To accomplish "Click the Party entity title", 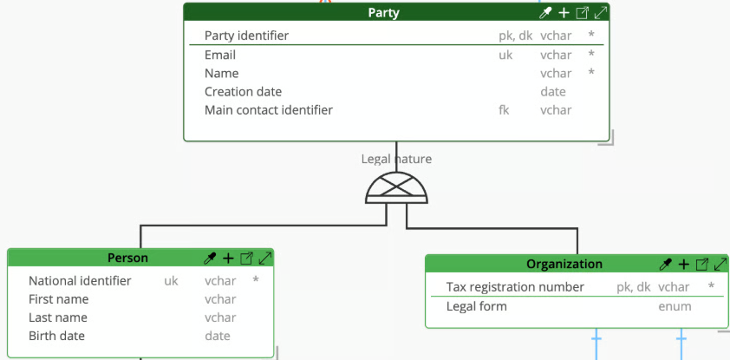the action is pos(383,12).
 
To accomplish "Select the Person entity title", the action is pos(127,258).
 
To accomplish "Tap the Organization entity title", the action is pos(564,264).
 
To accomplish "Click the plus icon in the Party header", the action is pos(564,13).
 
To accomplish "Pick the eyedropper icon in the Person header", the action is pos(210,259).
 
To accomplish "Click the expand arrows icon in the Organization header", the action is pos(720,265).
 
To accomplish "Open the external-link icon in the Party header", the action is pos(582,13).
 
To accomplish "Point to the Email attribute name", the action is pos(220,55).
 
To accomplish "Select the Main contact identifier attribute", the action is pos(269,110).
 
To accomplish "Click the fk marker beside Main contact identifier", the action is pos(504,110).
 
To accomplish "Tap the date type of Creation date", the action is pos(553,92).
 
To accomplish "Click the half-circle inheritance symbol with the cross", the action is pos(397,187).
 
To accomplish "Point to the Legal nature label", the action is pos(397,159).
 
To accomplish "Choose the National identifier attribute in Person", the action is pos(80,281).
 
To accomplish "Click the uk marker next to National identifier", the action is pos(171,281).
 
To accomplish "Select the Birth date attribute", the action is pos(57,336).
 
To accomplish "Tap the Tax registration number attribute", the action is pos(515,287).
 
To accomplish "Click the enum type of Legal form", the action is pos(675,306).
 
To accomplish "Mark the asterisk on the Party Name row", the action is pos(591,72).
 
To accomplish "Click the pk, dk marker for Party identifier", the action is pos(515,36).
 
